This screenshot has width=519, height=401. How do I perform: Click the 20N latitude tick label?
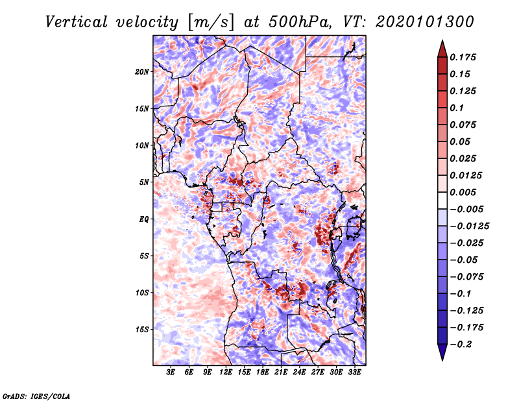pyautogui.click(x=142, y=71)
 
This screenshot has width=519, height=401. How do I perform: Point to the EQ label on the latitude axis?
pyautogui.click(x=144, y=219)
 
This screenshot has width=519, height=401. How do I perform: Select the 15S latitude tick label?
pyautogui.click(x=142, y=330)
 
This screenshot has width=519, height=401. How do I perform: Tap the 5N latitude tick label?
pyautogui.click(x=144, y=182)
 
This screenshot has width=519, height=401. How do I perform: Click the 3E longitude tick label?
pyautogui.click(x=171, y=372)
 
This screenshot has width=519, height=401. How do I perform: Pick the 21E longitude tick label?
pyautogui.click(x=281, y=372)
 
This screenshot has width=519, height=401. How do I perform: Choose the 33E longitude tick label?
pyautogui.click(x=355, y=372)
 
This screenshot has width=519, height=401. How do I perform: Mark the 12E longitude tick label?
pyautogui.click(x=226, y=372)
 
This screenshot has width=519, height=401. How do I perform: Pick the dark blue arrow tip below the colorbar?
pyautogui.click(x=442, y=354)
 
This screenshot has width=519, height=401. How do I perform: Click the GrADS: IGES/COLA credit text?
pyautogui.click(x=36, y=395)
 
